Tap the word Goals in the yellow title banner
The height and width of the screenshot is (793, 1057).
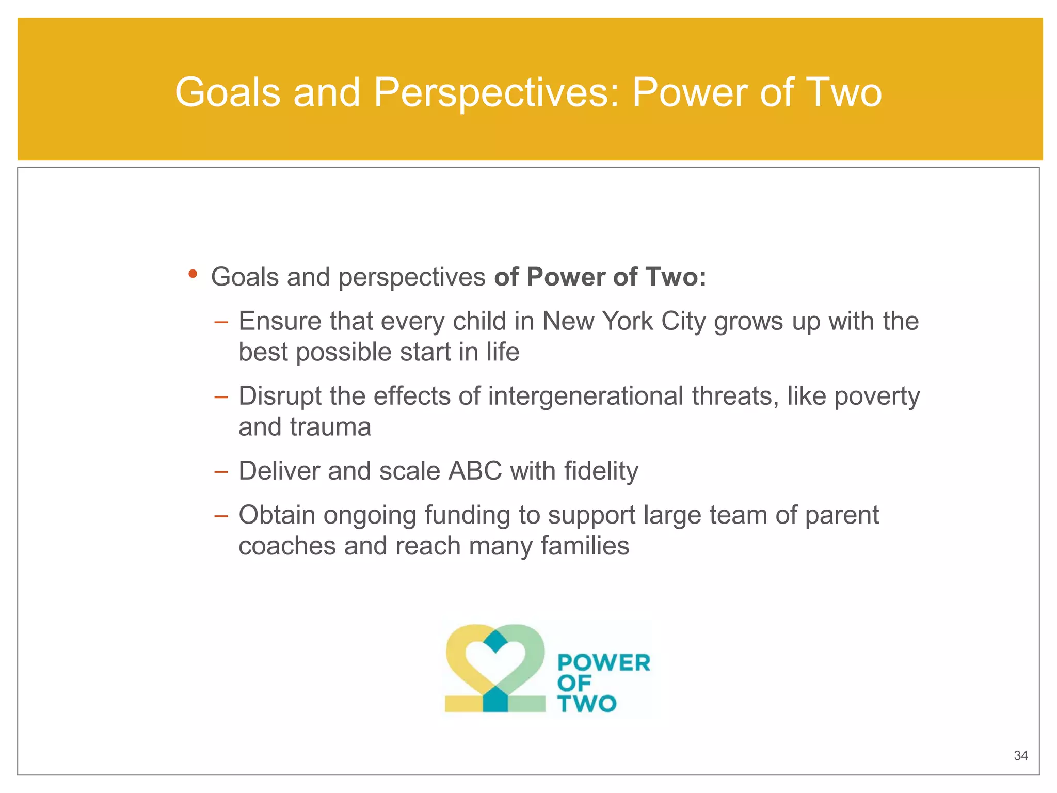tap(228, 93)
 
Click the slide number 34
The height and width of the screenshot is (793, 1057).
tap(1020, 756)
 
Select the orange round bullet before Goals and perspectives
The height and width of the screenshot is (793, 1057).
tap(193, 274)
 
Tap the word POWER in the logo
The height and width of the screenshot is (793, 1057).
tap(604, 663)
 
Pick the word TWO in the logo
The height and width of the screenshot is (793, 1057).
tap(587, 704)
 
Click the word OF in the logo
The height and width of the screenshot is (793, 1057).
tap(574, 684)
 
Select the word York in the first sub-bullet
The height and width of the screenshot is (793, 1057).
tap(628, 321)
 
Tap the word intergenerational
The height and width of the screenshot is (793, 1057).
tap(585, 396)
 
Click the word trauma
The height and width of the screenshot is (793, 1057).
tap(330, 427)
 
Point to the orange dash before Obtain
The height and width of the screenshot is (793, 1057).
tap(221, 516)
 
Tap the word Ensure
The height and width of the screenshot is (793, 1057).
tap(279, 321)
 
